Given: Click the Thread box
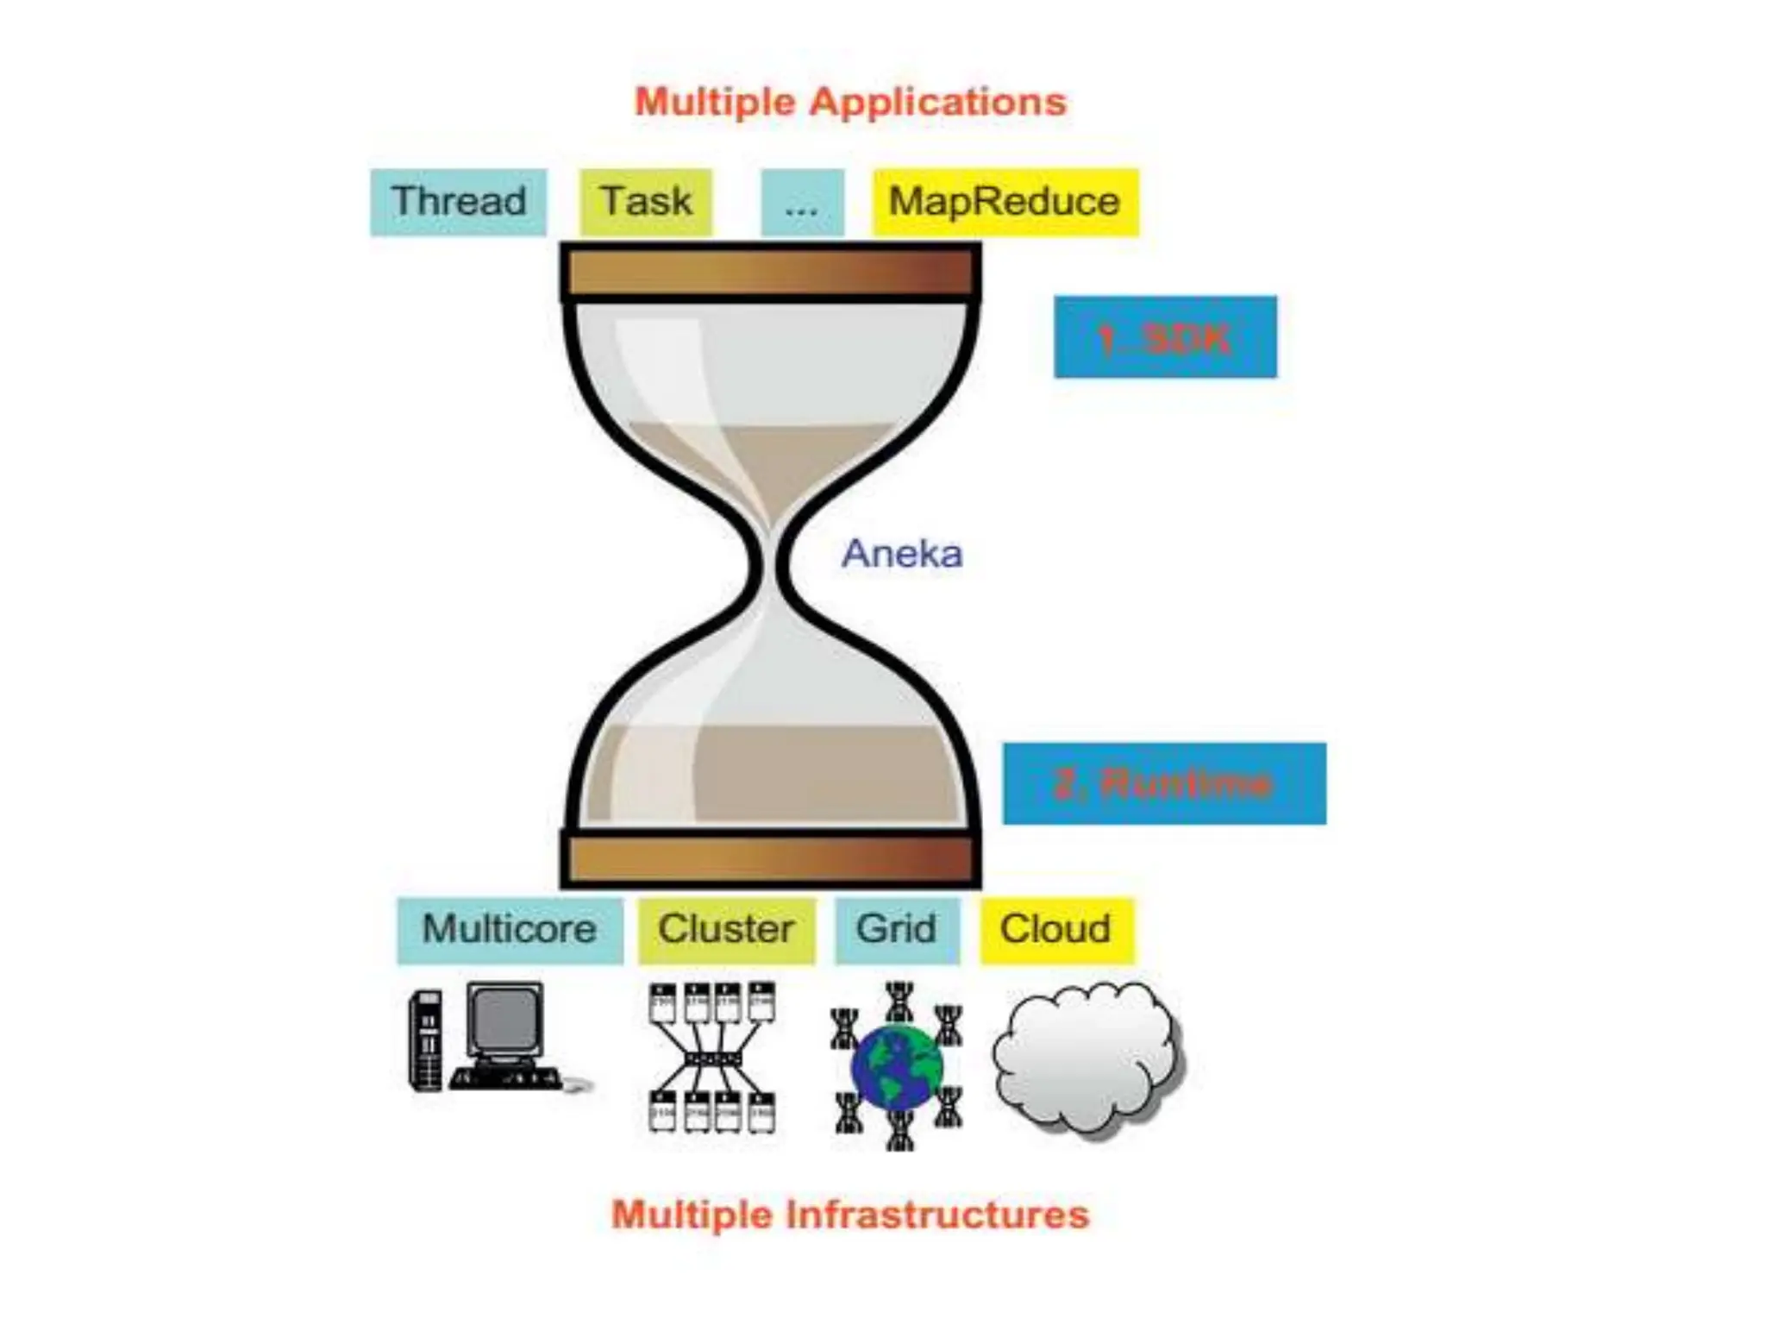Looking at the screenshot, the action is click(458, 202).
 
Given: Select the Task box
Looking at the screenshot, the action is click(646, 202).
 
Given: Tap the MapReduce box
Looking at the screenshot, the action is click(1005, 202).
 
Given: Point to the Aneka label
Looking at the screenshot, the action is click(902, 553).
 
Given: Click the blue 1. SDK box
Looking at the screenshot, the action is click(1165, 337).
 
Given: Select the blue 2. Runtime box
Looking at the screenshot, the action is click(1164, 783).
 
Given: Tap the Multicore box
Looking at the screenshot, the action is click(510, 930).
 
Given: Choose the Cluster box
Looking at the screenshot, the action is click(726, 930).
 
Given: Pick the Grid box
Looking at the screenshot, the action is click(897, 930).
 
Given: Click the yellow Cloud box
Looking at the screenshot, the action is click(1055, 930).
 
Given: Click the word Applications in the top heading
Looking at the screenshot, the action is click(938, 102).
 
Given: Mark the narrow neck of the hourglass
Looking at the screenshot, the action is click(771, 562).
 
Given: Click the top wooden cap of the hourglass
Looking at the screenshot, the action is click(770, 273).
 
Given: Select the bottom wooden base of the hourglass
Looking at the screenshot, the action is click(770, 859).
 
